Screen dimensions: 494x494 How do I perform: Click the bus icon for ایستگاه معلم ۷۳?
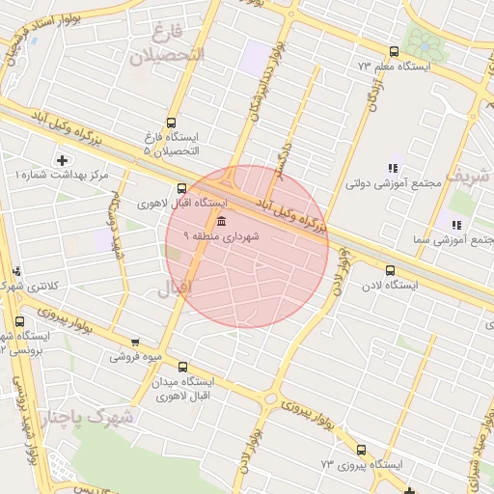coord(393,51)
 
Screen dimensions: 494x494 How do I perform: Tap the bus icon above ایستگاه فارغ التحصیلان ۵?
coord(171,123)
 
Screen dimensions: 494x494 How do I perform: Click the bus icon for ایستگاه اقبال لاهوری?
coord(180,188)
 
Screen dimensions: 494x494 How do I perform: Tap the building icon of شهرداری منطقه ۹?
coord(209,221)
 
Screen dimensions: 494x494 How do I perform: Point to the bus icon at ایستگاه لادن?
coord(390,270)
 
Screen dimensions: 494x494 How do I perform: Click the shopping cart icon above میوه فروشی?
coord(134,342)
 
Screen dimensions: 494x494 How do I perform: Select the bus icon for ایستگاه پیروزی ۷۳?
coord(361,450)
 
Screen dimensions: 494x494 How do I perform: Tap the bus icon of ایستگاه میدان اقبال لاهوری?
coord(181,367)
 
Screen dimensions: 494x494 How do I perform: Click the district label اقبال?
coord(176,287)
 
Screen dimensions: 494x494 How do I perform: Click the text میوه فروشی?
coord(134,357)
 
